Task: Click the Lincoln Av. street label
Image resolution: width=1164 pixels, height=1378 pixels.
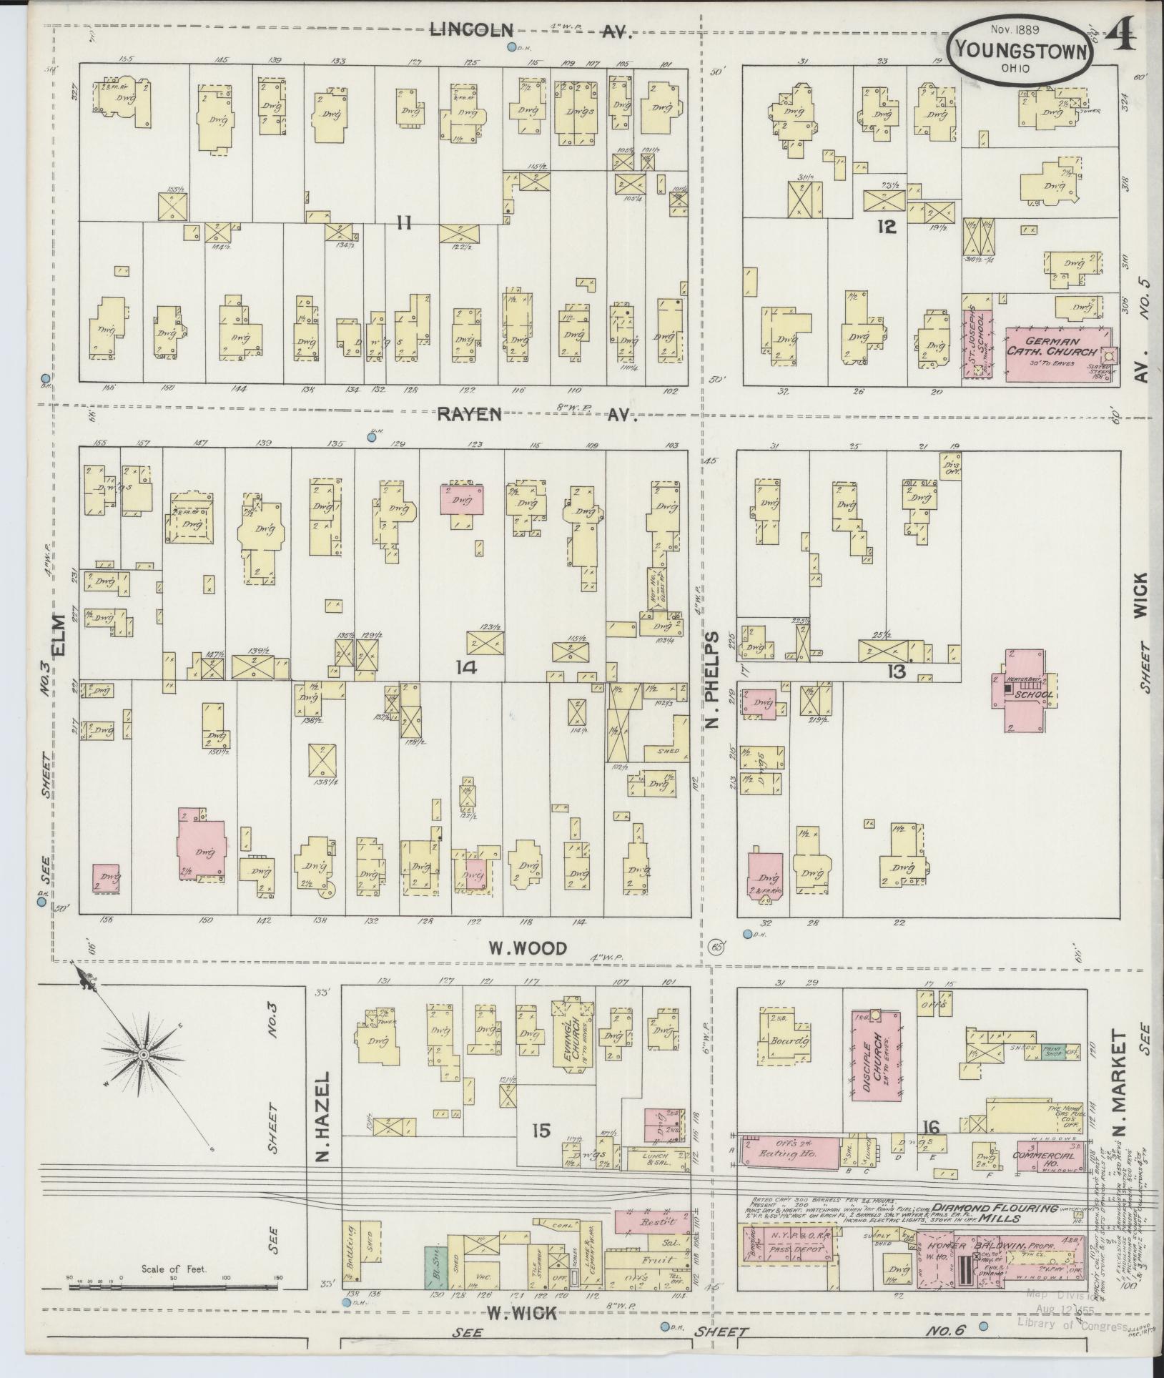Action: point(533,29)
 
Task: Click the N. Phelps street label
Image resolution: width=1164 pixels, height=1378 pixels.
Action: point(713,679)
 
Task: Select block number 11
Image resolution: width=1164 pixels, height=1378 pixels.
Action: point(404,224)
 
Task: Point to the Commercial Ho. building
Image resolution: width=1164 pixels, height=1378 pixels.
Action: point(1046,1154)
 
